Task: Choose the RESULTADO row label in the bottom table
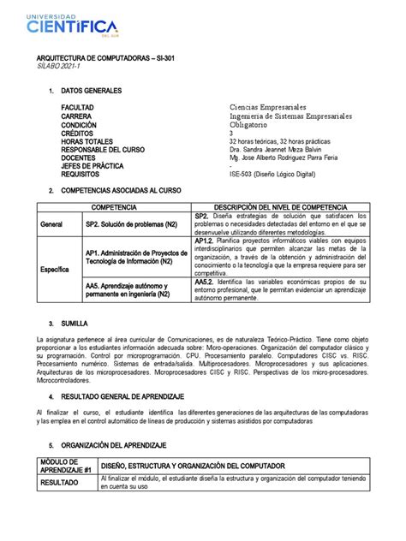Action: point(63,482)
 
